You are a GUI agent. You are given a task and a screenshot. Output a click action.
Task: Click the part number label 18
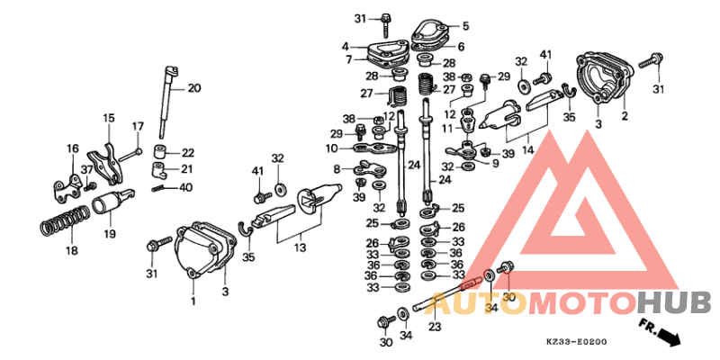[71, 251]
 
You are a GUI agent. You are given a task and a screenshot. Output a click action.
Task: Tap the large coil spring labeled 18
[65, 221]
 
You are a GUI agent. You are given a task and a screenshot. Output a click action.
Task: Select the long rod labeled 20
[166, 101]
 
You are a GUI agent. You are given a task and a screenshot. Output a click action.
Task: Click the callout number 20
[194, 88]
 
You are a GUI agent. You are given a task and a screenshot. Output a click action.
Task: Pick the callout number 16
[73, 149]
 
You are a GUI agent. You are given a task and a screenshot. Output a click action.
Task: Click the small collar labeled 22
[159, 152]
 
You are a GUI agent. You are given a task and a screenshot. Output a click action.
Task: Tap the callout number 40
[186, 188]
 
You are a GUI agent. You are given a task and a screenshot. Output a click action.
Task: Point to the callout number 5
[465, 26]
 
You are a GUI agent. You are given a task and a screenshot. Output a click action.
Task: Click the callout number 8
[337, 169]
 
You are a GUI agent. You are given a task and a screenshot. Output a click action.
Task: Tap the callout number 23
[435, 327]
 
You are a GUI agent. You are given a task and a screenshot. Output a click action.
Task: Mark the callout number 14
[528, 149]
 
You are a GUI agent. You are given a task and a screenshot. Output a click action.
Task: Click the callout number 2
[625, 117]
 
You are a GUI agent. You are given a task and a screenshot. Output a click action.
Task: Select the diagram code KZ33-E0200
[576, 342]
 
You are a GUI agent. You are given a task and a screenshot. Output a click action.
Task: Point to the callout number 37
[86, 170]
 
